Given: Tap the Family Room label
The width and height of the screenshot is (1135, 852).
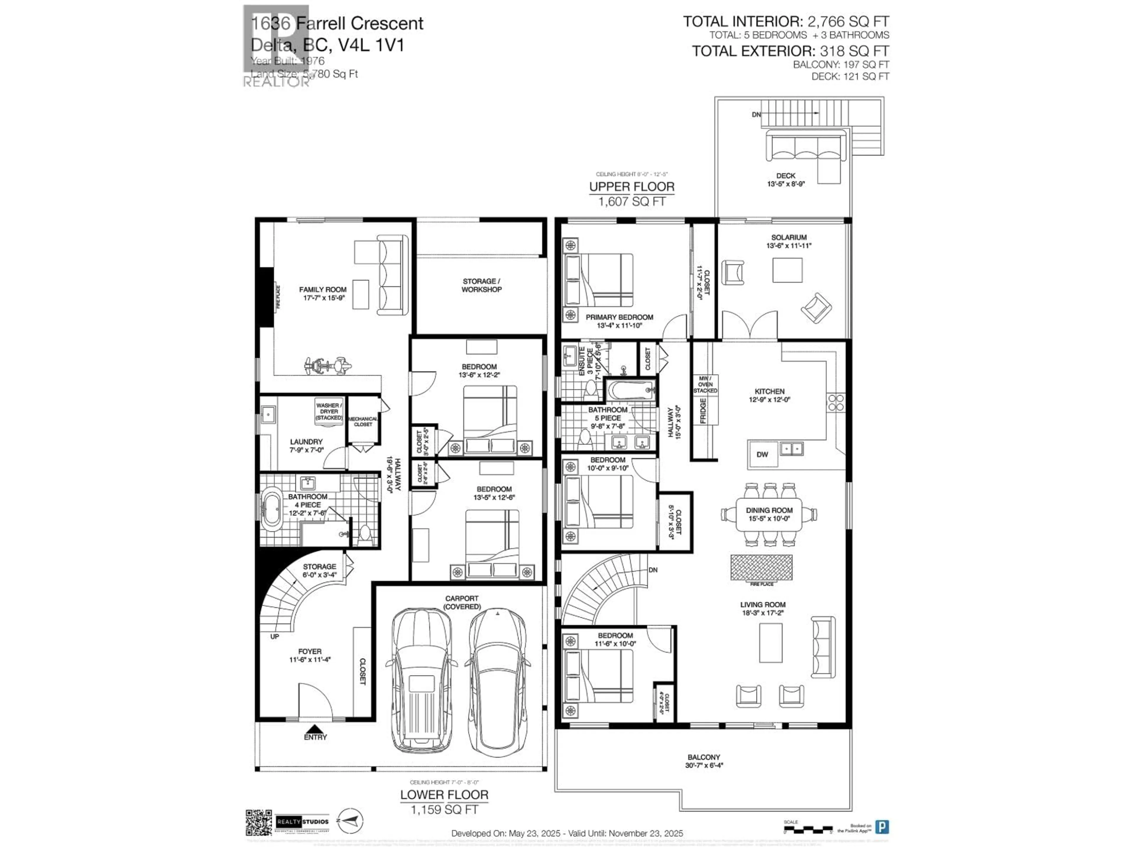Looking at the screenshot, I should [323, 290].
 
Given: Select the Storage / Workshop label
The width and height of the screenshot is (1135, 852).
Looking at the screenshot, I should [481, 285].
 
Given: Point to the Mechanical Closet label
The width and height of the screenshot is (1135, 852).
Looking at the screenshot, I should [363, 422].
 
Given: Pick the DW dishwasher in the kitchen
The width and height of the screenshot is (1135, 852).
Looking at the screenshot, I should [763, 454].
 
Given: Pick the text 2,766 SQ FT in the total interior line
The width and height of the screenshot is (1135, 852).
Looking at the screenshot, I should [848, 22].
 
